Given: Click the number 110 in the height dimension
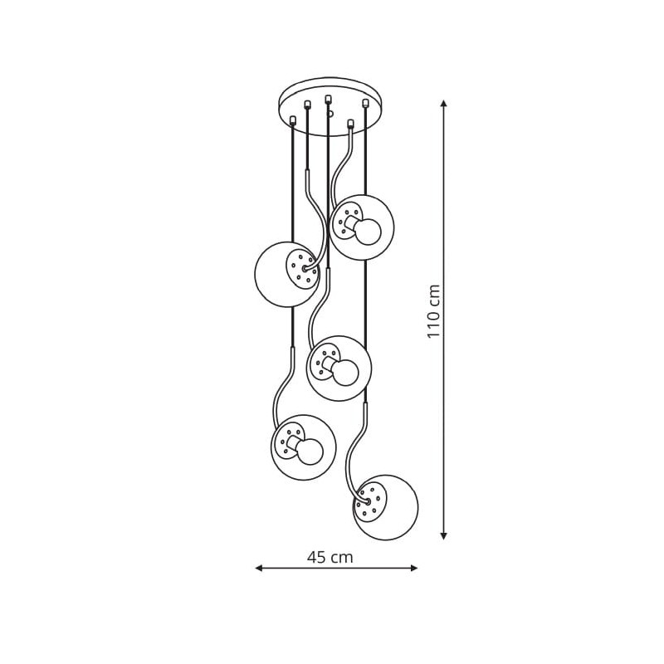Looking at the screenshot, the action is coord(434,323).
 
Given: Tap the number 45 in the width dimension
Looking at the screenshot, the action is coord(317,557).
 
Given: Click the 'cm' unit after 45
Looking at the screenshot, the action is coord(341,559).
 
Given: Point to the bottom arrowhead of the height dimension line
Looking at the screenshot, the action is coord(443,535).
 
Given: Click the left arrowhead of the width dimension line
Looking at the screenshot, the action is coord(259,568).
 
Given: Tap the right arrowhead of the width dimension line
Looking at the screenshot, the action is coord(414,568).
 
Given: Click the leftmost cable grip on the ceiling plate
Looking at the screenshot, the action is coord(293,120).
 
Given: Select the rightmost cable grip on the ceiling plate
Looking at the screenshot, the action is coord(364,102).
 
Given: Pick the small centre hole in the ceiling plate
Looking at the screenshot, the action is coord(330,113).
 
